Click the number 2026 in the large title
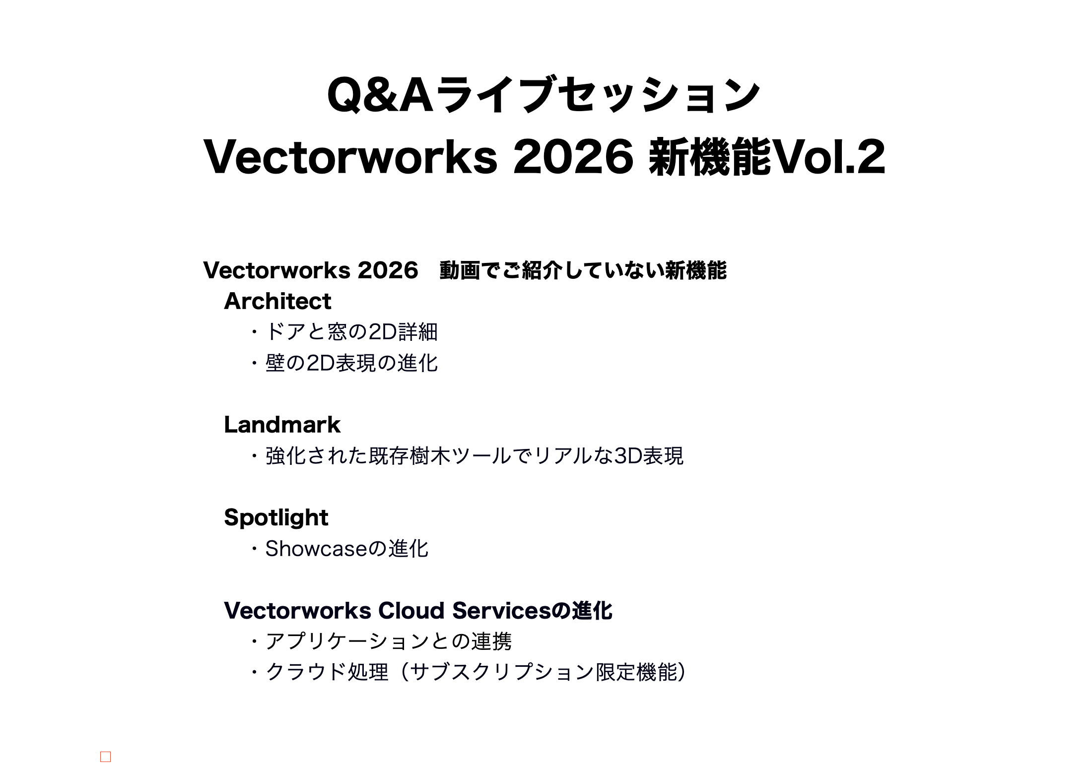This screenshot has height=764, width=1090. click(573, 157)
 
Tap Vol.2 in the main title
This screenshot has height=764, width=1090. click(828, 157)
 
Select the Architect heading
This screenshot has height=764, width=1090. click(277, 301)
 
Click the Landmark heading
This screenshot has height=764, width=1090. click(282, 425)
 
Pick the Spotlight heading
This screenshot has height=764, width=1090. click(276, 518)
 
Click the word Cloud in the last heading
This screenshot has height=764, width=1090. click(411, 611)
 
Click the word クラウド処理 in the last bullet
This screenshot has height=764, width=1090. click(327, 672)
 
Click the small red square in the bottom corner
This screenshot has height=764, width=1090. click(105, 757)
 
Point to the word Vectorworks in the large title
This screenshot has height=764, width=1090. click(351, 157)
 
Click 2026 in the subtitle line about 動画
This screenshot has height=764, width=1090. click(388, 270)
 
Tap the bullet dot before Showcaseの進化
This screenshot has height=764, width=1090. click(254, 549)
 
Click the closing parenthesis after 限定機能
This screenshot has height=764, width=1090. click(682, 672)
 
